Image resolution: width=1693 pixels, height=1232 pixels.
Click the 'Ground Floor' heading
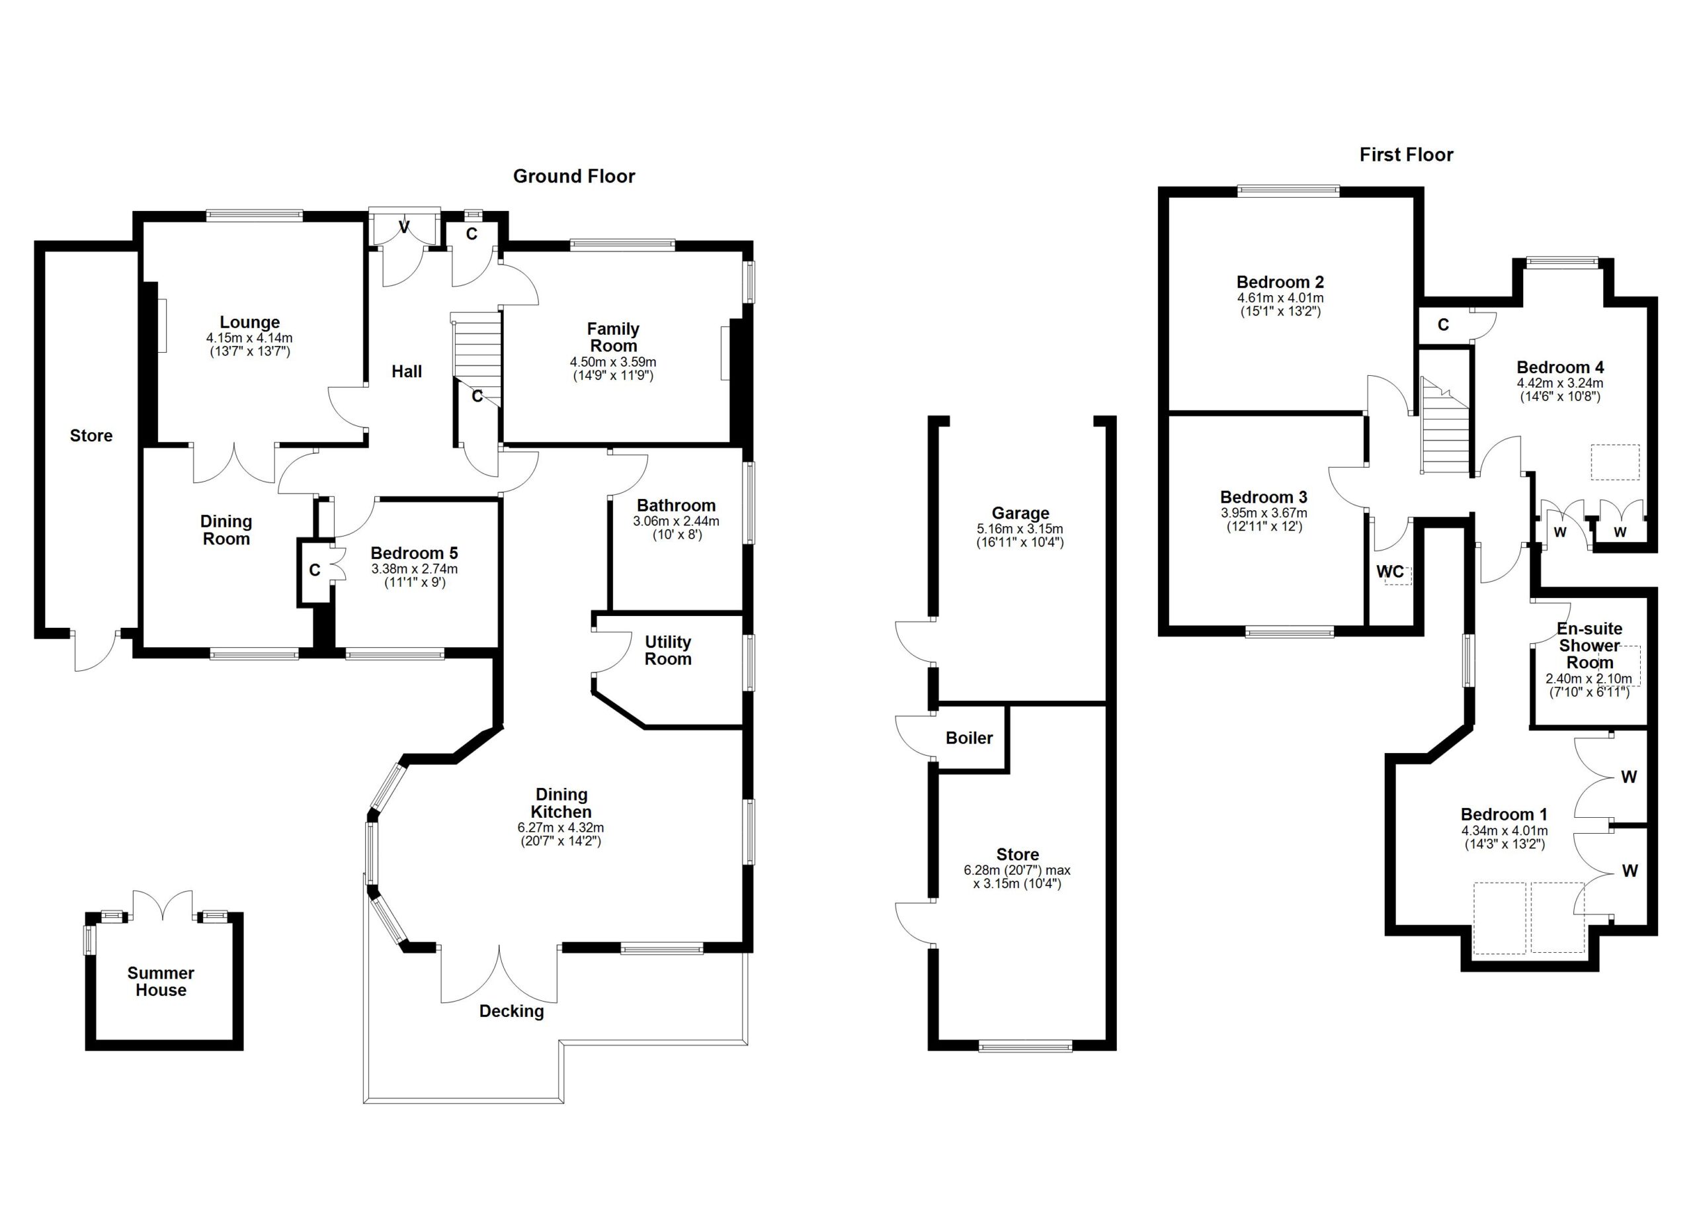[x=573, y=176]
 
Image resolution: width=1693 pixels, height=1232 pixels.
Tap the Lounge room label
[x=249, y=323]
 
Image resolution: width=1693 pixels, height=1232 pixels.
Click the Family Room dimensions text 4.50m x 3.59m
[x=613, y=362]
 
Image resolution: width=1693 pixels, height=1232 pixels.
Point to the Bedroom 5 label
[x=413, y=553]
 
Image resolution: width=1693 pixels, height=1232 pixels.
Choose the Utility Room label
[x=667, y=650]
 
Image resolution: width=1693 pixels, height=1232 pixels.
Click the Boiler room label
[x=969, y=738]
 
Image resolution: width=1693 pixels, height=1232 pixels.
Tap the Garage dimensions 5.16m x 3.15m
[x=1020, y=529]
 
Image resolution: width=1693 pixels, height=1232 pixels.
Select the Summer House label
[x=161, y=981]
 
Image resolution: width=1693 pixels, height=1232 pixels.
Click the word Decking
[x=511, y=1011]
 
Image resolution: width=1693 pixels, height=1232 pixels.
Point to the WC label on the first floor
[x=1389, y=572]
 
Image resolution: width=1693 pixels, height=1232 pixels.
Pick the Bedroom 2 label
[x=1280, y=283]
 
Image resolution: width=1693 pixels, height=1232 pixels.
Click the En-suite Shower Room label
[x=1589, y=646]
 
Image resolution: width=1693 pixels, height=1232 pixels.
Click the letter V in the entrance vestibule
[x=404, y=226]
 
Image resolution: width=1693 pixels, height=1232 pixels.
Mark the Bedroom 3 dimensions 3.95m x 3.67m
[x=1263, y=513]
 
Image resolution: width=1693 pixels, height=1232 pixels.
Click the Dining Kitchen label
[x=561, y=803]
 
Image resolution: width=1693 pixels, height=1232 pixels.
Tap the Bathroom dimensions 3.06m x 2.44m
[x=676, y=521]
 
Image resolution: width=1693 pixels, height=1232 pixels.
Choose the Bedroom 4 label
[x=1559, y=367]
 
